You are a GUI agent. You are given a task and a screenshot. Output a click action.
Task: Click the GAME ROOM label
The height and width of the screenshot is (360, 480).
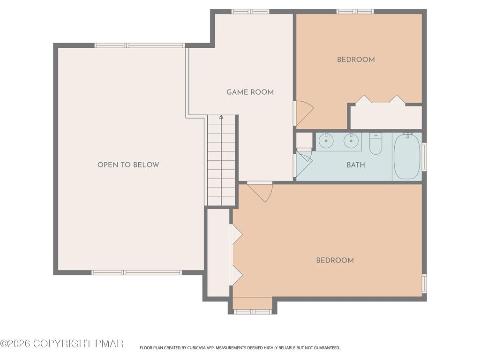tap(250, 92)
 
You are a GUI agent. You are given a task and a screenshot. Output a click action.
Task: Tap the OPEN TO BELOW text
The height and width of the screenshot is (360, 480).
tap(128, 165)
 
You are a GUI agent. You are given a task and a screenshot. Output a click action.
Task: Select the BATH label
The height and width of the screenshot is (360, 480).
tap(355, 165)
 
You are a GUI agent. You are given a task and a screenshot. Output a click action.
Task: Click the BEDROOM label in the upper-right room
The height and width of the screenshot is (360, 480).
tap(356, 60)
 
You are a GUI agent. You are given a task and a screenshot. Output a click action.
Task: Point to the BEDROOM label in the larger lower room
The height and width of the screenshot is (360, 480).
tap(335, 261)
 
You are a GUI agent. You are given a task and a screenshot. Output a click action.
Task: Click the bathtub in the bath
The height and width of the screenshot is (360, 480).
tap(406, 156)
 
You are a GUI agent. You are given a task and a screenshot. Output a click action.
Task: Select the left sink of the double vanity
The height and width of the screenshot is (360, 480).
tap(326, 140)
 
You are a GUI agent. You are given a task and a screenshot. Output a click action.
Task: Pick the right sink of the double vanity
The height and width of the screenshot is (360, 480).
tap(350, 140)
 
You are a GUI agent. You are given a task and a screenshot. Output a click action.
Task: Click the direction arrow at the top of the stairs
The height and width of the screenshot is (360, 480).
tap(221, 117)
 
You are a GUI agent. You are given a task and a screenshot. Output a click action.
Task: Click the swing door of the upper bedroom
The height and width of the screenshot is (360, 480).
tap(303, 113)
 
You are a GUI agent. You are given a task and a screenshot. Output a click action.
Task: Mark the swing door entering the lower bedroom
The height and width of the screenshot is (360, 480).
tap(261, 191)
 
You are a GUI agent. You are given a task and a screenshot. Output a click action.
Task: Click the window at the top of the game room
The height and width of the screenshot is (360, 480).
tap(250, 11)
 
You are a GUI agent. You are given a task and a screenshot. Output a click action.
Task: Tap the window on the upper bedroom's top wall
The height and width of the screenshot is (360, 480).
tap(355, 11)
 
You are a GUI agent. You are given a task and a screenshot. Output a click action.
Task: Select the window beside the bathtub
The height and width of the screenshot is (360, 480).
tap(424, 157)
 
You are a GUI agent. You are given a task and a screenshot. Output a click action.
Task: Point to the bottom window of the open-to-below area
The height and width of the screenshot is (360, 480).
tap(136, 272)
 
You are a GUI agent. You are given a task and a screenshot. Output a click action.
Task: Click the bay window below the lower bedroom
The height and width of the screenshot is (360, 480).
tap(253, 312)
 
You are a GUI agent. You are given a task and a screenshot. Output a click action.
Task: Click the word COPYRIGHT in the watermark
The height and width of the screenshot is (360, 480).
tap(61, 344)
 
